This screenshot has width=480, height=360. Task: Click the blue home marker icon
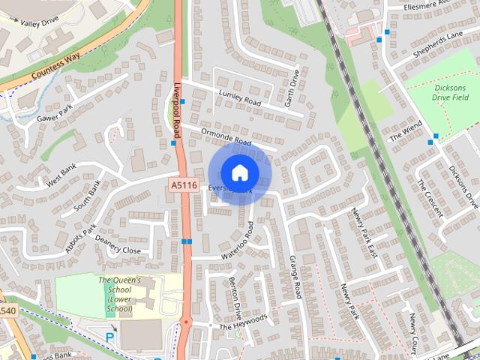tap(239, 172)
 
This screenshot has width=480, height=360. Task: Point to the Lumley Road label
tap(239, 97)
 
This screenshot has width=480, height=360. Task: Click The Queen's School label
tap(119, 294)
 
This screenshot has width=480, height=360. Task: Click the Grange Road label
tap(295, 274)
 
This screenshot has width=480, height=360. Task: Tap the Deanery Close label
tap(118, 250)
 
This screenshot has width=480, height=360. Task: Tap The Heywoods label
tap(243, 322)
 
